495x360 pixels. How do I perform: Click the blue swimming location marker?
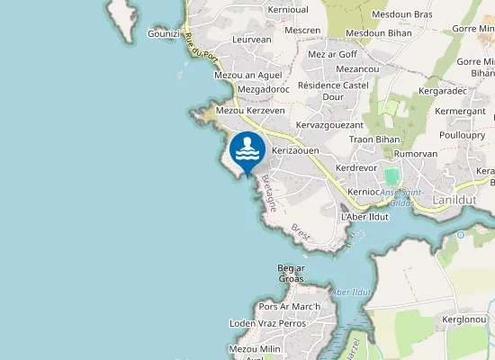(x=247, y=150)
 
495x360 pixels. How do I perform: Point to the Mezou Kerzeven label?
(x=250, y=110)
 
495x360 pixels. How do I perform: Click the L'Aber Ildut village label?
(x=364, y=218)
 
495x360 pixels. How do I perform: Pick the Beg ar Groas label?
(x=292, y=274)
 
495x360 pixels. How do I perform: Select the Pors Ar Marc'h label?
(x=289, y=307)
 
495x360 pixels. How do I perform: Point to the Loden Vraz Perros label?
(x=267, y=323)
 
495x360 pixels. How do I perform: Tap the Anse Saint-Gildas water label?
(x=401, y=197)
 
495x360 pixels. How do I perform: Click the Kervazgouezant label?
(x=328, y=124)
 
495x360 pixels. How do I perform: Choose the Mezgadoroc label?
(x=262, y=90)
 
